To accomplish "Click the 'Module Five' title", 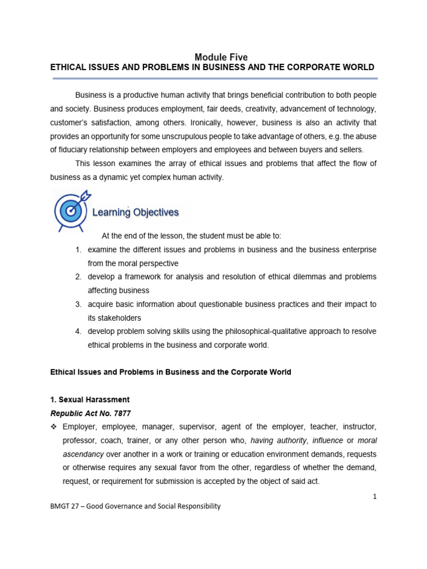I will click(221, 57).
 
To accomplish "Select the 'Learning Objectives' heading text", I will click(135, 212).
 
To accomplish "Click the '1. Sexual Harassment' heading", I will click(90, 400).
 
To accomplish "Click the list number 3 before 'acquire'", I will click(78, 304).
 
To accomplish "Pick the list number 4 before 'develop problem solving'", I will click(78, 331).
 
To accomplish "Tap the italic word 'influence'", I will click(327, 441).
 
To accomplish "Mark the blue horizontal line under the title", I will click(215, 79).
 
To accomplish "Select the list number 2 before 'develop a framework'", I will click(78, 277).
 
